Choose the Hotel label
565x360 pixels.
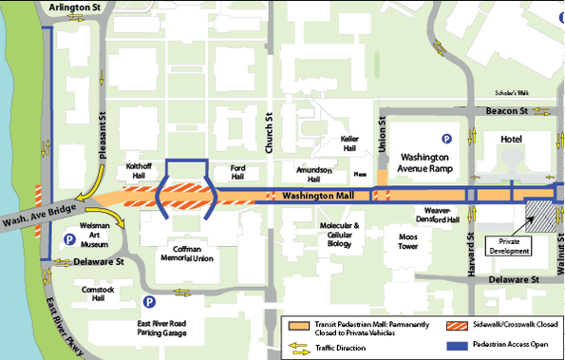pos(513,140)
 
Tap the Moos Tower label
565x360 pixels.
pos(408,241)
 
